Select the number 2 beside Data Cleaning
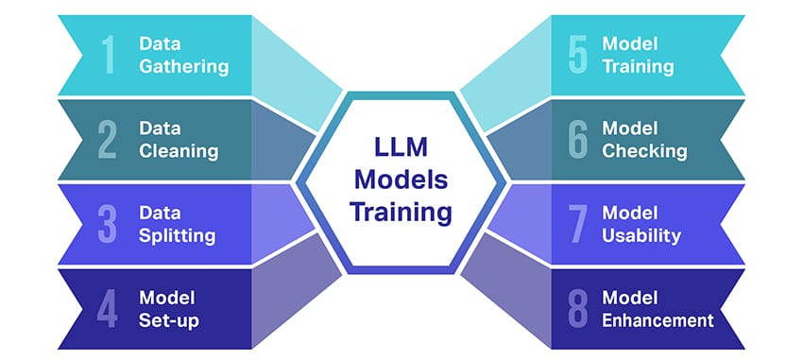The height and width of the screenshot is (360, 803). click(108, 140)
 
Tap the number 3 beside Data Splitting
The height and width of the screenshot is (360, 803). click(108, 224)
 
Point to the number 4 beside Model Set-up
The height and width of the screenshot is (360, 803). click(108, 308)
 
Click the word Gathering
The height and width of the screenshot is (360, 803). click(183, 67)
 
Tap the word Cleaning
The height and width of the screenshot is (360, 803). click(179, 151)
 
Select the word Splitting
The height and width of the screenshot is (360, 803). click(178, 235)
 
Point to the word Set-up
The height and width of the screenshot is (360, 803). click(169, 319)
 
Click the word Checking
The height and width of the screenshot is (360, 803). click(644, 151)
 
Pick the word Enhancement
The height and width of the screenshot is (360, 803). click(658, 320)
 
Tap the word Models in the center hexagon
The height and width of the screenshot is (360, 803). click(401, 180)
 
